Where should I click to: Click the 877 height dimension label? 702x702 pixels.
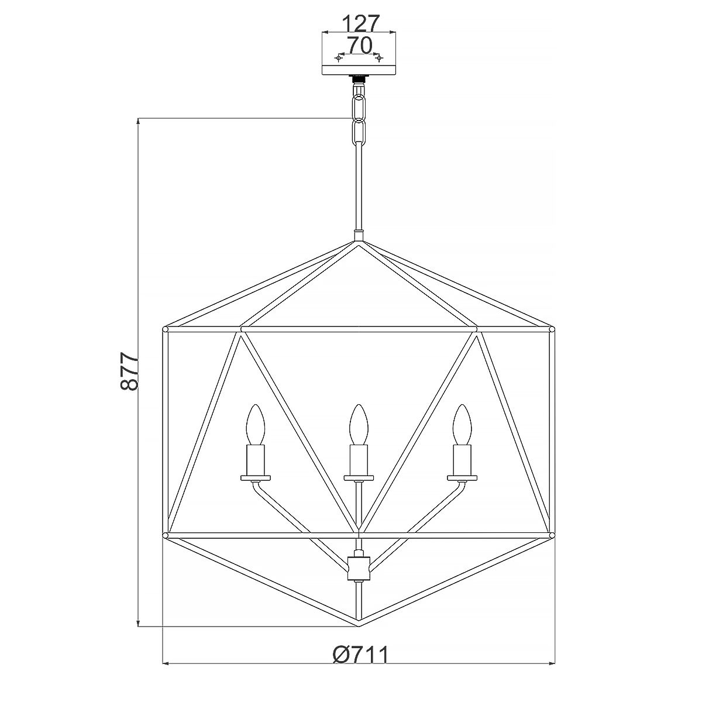point(128,371)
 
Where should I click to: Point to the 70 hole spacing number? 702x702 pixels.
point(359,45)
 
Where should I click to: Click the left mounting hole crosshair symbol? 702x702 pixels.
point(339,58)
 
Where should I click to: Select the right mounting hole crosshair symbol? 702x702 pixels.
point(379,58)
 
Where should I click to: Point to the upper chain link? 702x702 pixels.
point(359,107)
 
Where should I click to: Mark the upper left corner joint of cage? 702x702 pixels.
point(166,330)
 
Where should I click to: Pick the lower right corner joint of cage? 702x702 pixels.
point(551,535)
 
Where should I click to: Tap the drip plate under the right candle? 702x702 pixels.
point(462,478)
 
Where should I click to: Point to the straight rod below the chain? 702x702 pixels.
point(358,187)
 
